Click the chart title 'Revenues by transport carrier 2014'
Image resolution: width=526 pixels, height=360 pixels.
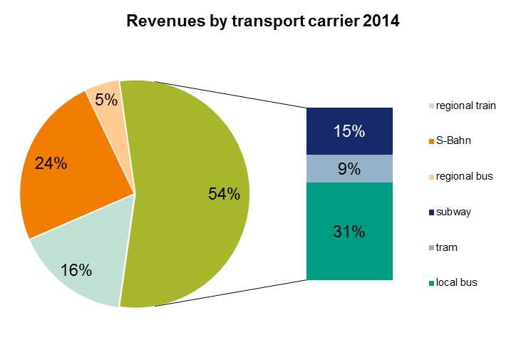coord(262,22)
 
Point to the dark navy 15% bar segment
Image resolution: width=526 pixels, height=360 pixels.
coord(349,131)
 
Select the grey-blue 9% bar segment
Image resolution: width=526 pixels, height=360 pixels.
coord(349,169)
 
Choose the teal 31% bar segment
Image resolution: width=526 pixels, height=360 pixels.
coord(349,231)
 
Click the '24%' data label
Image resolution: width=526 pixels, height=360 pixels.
coord(51,163)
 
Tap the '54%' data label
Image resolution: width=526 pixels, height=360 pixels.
coord(224,194)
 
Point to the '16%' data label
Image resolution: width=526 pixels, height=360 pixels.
coord(76,270)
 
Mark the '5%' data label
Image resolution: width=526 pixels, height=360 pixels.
coord(106,100)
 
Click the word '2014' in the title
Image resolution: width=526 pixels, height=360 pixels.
coord(380,22)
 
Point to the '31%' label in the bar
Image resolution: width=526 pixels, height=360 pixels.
coord(349,231)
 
